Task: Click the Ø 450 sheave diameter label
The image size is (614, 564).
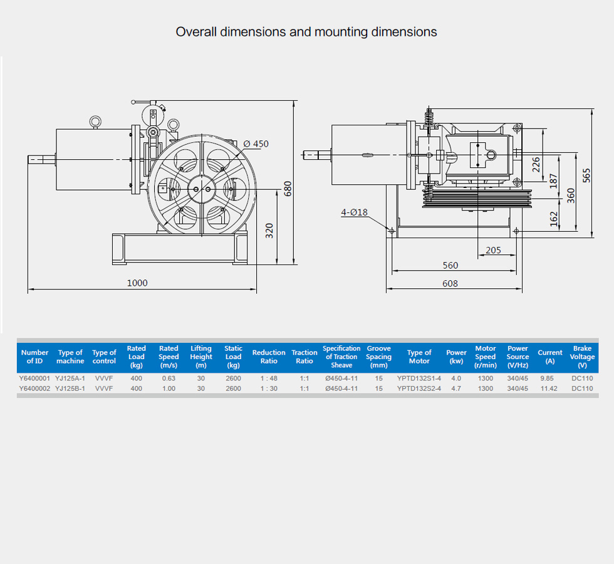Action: point(256,144)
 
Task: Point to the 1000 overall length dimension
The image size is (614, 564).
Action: point(137,283)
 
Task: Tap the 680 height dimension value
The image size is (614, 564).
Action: point(288,189)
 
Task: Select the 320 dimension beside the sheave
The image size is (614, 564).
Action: point(270,231)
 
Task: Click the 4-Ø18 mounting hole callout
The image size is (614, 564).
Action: point(354,212)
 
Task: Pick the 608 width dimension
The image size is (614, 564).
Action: point(450,283)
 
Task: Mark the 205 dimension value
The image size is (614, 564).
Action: point(493,250)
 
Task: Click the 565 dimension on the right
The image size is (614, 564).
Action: point(586,175)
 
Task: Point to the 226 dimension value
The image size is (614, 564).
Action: point(536,164)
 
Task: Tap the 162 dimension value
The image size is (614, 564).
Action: point(553,218)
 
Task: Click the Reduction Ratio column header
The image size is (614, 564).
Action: point(269,357)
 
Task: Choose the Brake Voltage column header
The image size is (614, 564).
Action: point(582,357)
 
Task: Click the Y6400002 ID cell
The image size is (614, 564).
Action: point(34,389)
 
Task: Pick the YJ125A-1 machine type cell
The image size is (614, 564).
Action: point(70,379)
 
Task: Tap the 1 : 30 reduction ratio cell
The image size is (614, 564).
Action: point(269,389)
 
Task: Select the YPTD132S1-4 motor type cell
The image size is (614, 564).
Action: point(419,379)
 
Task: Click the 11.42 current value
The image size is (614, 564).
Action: point(549,389)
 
